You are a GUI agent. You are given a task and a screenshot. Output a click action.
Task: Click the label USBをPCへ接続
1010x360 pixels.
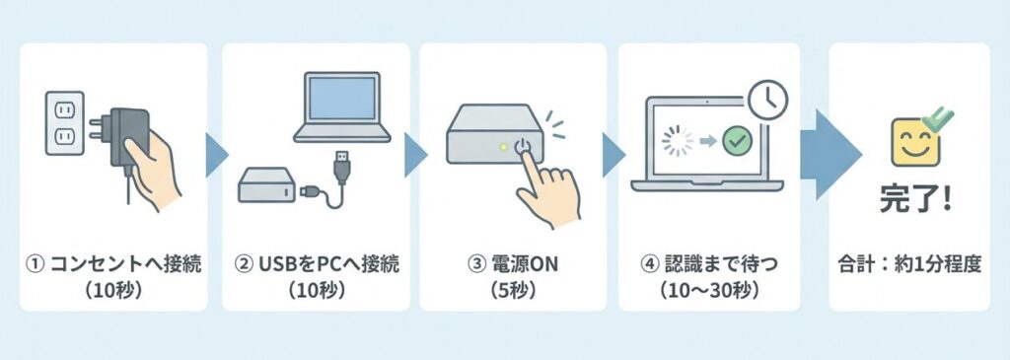316,264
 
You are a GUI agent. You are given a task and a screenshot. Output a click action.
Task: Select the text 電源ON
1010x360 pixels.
513,264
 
